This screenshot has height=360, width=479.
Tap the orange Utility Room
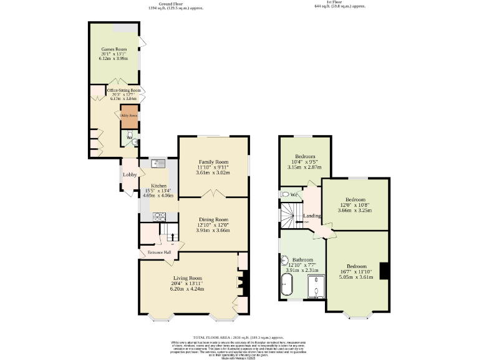129,116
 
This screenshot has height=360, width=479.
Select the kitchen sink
157,164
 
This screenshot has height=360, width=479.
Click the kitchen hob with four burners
159,216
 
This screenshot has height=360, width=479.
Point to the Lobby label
130,174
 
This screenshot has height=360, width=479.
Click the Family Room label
213,162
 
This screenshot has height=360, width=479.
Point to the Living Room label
188,278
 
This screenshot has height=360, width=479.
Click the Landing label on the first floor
312,216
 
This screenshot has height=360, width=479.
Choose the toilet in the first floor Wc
285,194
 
